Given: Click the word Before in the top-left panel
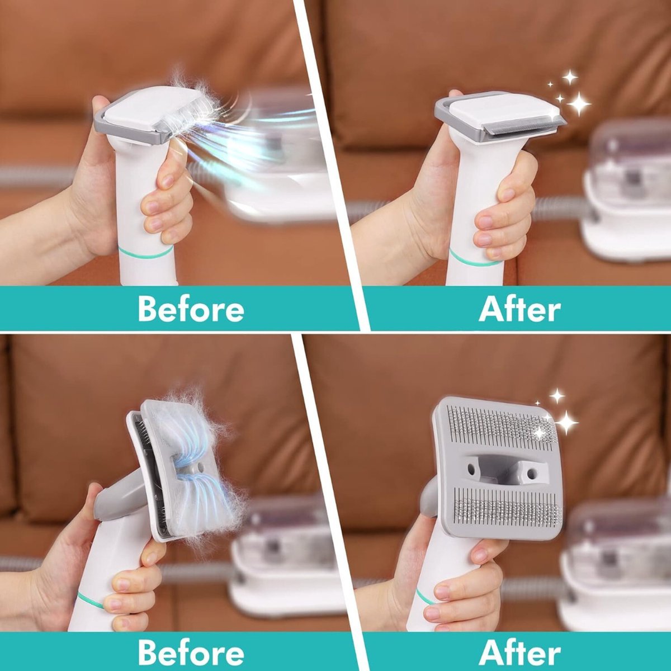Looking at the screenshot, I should coord(191,309).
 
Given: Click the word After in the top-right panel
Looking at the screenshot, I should coord(519,309).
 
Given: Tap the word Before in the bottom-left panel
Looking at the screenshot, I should coord(191,652).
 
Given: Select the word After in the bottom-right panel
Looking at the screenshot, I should coord(519,652).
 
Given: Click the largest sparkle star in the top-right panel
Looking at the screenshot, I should coord(579,103).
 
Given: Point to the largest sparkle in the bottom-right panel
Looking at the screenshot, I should coord(566,422).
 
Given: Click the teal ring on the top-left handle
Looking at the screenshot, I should coord(147,254).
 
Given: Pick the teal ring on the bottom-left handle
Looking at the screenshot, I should coord(89,601).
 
